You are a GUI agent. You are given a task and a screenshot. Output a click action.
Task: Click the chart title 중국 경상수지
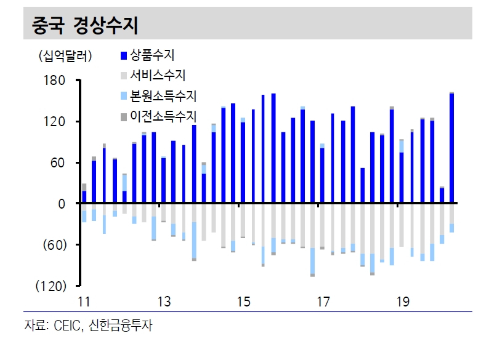(x=85, y=25)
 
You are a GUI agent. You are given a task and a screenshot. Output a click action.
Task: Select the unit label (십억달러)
(x=65, y=56)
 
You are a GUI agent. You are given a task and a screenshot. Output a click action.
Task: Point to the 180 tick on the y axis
(x=54, y=81)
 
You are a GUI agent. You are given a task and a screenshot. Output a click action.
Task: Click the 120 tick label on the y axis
(x=54, y=122)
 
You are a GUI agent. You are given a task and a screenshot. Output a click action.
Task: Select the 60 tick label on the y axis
(x=58, y=162)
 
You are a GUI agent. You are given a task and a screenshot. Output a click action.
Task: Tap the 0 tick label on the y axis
(x=62, y=204)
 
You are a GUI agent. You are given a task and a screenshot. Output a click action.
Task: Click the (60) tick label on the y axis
(x=55, y=246)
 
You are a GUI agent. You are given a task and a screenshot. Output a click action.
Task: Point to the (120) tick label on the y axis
(x=51, y=286)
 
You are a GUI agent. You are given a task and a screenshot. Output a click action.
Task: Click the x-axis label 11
(x=84, y=302)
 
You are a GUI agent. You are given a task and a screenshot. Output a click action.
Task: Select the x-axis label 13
(x=164, y=302)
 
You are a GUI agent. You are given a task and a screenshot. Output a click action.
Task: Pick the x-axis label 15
(x=243, y=302)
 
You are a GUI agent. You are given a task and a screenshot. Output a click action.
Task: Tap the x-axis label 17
(x=323, y=302)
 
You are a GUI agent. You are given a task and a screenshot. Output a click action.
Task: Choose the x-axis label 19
(x=403, y=302)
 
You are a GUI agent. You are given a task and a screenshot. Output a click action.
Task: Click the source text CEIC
(x=67, y=326)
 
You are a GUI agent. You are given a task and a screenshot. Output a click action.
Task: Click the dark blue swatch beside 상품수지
(x=124, y=55)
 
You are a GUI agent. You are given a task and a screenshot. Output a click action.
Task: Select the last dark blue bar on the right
(x=451, y=148)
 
